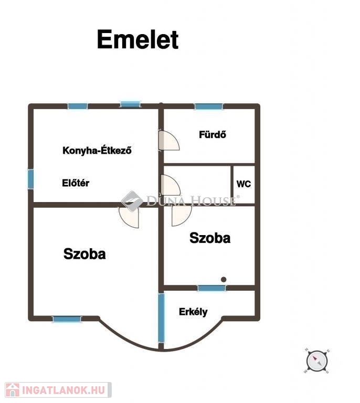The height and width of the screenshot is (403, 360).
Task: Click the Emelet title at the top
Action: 137,39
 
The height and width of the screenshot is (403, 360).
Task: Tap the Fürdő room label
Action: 213,134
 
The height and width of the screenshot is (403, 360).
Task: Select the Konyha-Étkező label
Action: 97,150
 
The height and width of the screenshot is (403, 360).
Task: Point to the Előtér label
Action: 76,183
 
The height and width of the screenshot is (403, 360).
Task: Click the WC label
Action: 243,184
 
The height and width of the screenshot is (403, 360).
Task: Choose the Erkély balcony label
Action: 193,312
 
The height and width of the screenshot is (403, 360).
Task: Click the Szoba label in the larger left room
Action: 84,253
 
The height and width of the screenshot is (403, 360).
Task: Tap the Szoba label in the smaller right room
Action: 210,238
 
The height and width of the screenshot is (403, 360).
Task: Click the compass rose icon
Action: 317,361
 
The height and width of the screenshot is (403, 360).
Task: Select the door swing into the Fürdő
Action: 169,140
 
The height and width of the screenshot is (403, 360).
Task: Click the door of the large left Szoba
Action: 129,217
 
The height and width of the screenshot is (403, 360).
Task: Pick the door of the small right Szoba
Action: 181,215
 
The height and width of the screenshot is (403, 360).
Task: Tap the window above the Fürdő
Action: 209,107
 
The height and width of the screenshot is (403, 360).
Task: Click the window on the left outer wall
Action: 31,179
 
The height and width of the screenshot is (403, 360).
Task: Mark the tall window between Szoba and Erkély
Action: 161,318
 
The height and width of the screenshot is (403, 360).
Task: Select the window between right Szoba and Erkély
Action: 211,288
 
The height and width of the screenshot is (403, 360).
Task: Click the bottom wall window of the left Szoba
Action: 67,319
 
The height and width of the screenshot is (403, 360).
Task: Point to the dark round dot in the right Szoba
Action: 224,279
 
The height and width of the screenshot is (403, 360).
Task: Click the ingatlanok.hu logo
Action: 58,390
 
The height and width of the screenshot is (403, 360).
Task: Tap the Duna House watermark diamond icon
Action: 132,201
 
